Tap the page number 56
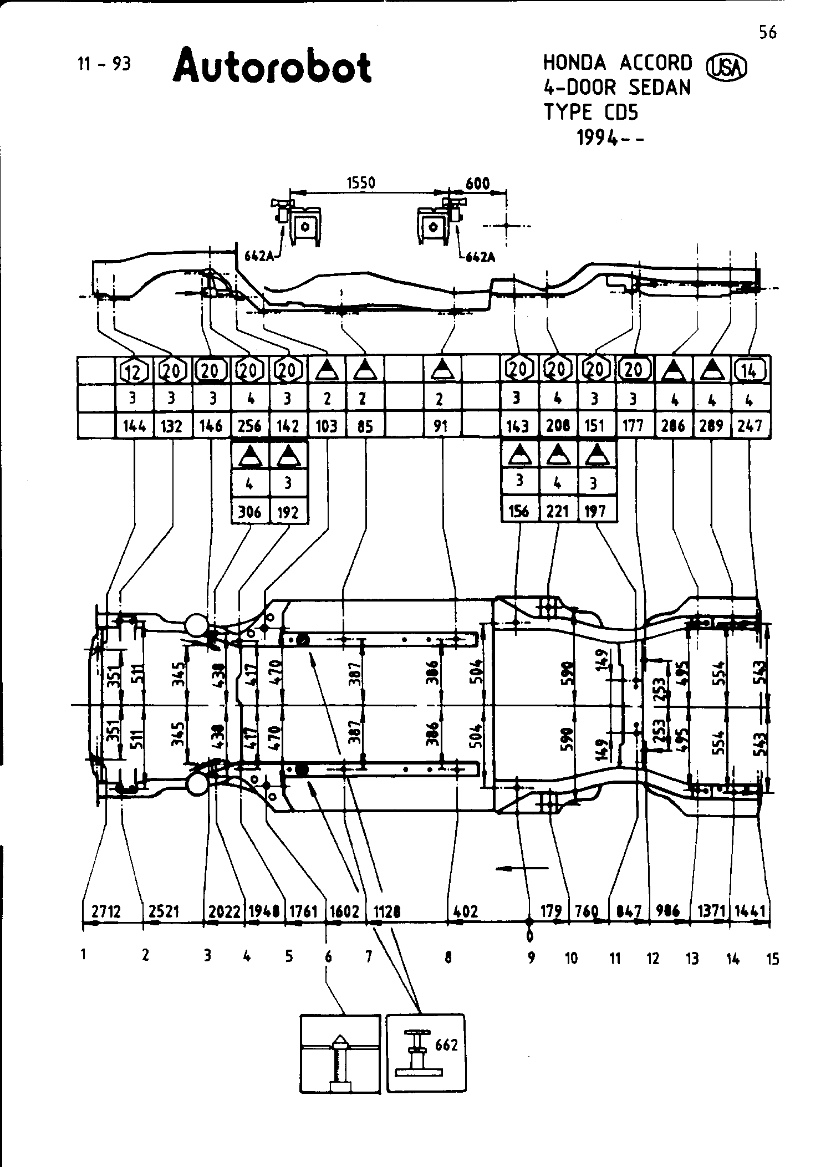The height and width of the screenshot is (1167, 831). pyautogui.click(x=768, y=33)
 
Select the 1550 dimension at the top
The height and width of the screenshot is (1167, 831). pyautogui.click(x=361, y=183)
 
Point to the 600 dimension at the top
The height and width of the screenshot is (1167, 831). pyautogui.click(x=477, y=183)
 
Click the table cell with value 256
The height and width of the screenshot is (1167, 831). pyautogui.click(x=249, y=426)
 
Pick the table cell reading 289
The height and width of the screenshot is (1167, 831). pyautogui.click(x=711, y=426)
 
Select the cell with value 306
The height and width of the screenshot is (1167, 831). pyautogui.click(x=249, y=511)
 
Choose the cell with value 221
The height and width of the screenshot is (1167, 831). pyautogui.click(x=558, y=511)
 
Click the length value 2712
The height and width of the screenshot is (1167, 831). pyautogui.click(x=106, y=911)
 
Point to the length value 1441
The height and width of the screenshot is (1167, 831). pyautogui.click(x=750, y=911)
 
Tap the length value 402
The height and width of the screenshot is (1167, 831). pyautogui.click(x=466, y=911)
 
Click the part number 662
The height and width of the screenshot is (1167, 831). pyautogui.click(x=446, y=1046)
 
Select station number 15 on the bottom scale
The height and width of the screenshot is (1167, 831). pyautogui.click(x=773, y=959)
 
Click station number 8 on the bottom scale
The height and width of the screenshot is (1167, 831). pyautogui.click(x=448, y=957)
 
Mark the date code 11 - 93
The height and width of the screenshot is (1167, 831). pyautogui.click(x=104, y=64)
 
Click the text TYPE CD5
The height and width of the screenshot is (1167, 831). pyautogui.click(x=590, y=113)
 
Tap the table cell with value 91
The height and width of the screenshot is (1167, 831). pyautogui.click(x=441, y=426)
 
